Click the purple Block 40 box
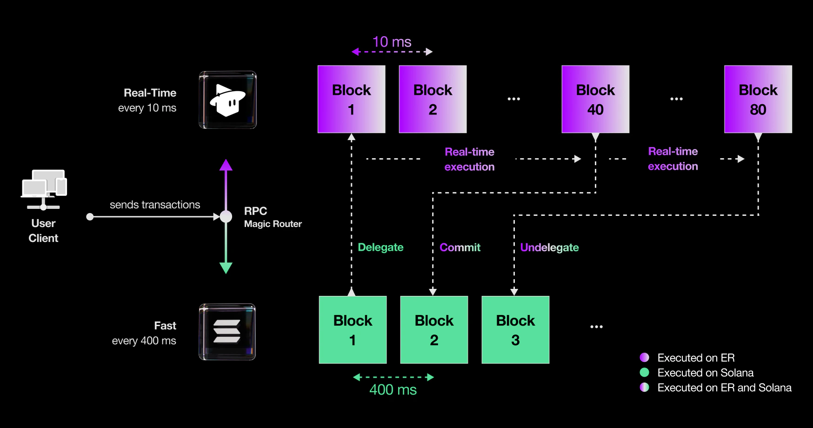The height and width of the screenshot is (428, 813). (x=595, y=99)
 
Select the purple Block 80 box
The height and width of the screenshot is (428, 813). (x=758, y=99)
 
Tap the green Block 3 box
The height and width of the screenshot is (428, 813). (x=515, y=330)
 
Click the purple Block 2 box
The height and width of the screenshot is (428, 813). (x=433, y=99)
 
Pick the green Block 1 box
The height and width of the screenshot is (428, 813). (x=353, y=330)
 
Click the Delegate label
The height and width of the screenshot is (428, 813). (x=380, y=247)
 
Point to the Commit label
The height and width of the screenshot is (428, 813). (x=460, y=247)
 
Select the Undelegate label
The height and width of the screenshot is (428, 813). (x=549, y=247)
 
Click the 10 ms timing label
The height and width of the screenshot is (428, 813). (x=392, y=42)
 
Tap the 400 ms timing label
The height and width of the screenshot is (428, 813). (x=393, y=390)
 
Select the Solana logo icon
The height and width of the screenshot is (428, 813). (x=227, y=332)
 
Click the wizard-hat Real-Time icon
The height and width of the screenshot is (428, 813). (x=227, y=100)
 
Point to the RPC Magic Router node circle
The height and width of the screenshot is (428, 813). (x=226, y=216)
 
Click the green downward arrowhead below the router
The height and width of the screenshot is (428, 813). (x=226, y=268)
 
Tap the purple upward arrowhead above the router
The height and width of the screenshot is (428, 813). (x=226, y=165)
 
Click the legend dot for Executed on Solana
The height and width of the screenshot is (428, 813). (x=645, y=372)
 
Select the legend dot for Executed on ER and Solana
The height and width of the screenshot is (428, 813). (x=645, y=387)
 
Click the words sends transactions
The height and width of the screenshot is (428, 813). (x=155, y=205)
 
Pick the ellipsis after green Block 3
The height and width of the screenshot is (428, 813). (x=596, y=327)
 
